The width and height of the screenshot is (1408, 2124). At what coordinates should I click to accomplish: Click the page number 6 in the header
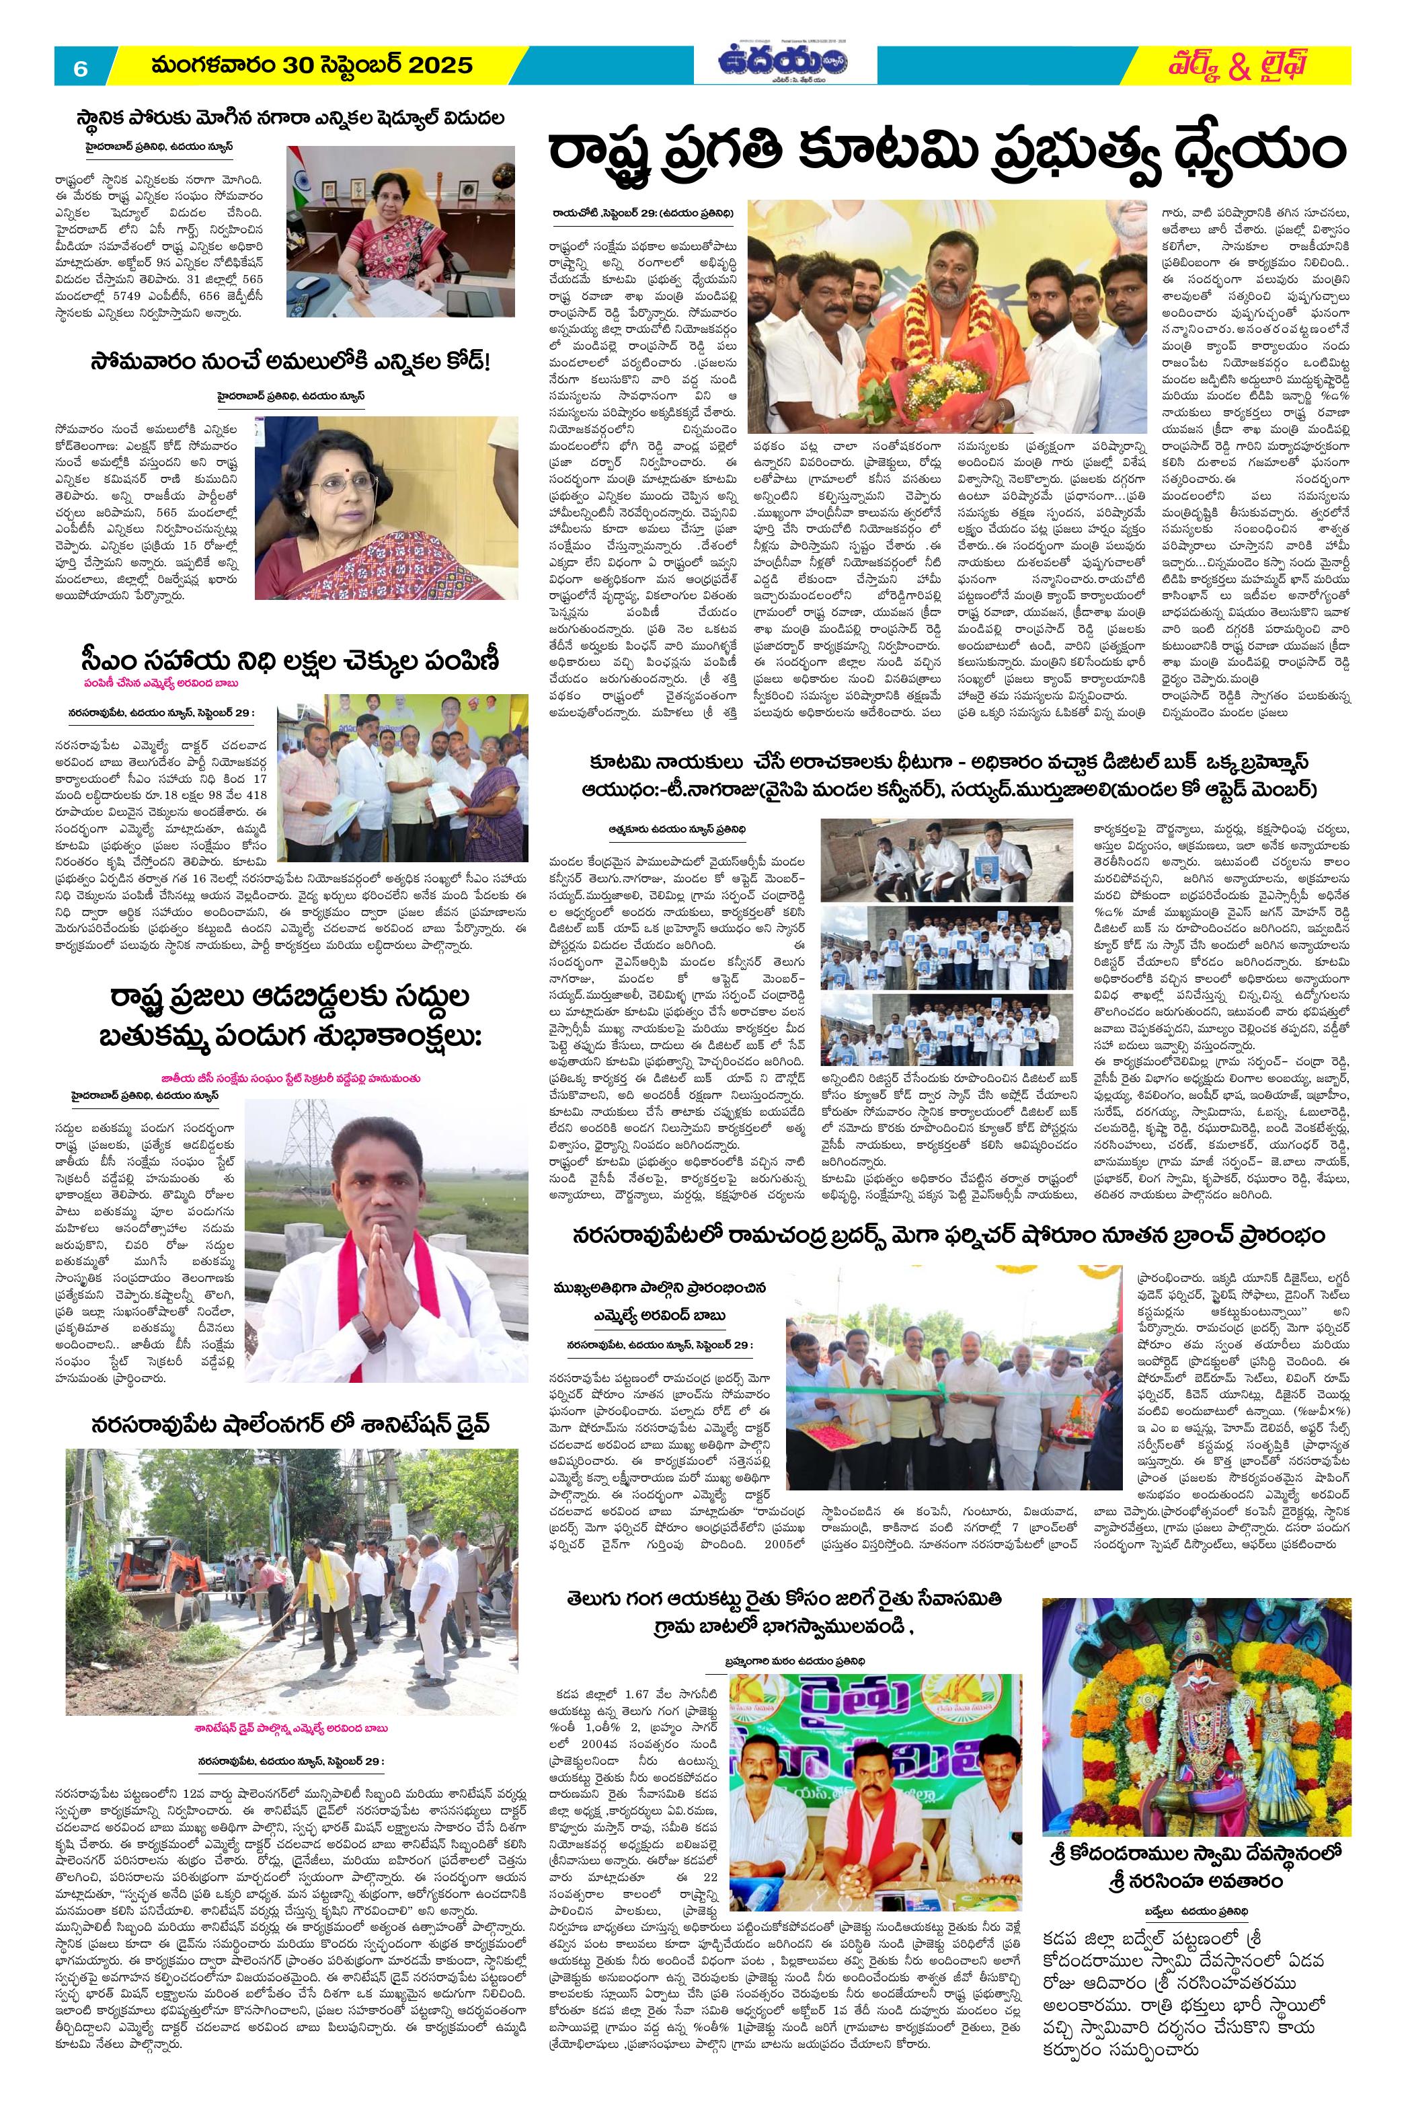(x=80, y=67)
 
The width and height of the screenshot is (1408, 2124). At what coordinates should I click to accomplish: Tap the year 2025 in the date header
(x=438, y=65)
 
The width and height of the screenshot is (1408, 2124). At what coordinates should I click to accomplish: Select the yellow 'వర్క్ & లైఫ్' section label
(x=1239, y=65)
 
